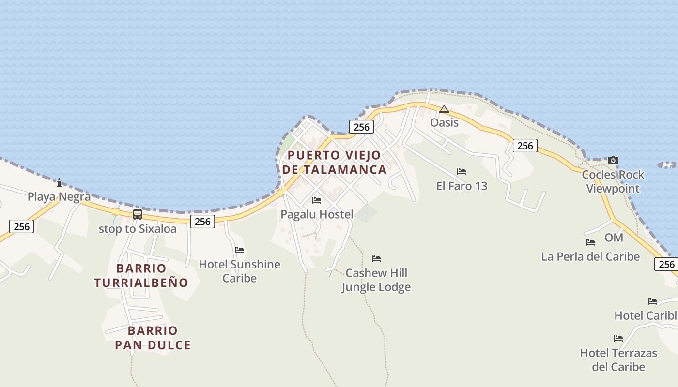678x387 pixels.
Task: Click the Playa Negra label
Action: pyautogui.click(x=59, y=197)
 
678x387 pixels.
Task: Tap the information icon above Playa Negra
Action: pyautogui.click(x=59, y=182)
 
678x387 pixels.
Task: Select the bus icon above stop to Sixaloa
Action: pyautogui.click(x=138, y=214)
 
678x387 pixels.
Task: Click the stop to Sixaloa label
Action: pyautogui.click(x=138, y=228)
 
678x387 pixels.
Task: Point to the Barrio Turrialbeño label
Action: pyautogui.click(x=141, y=275)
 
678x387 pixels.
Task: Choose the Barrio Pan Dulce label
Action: pyautogui.click(x=153, y=338)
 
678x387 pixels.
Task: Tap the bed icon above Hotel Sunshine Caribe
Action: pyautogui.click(x=239, y=250)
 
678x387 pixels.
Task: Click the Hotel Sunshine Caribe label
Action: pyautogui.click(x=240, y=271)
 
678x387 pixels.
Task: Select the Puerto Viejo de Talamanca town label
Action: pyautogui.click(x=334, y=163)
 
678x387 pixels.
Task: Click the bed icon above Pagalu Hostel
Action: pyautogui.click(x=317, y=200)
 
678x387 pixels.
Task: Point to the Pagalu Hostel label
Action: pyautogui.click(x=317, y=214)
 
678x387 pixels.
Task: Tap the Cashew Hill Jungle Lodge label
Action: pyautogui.click(x=376, y=280)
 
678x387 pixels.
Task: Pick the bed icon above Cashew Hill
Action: pyautogui.click(x=376, y=259)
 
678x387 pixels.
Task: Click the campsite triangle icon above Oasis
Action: pyautogui.click(x=444, y=109)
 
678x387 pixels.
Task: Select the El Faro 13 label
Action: pyautogui.click(x=462, y=186)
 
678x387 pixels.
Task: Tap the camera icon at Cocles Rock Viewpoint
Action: pyautogui.click(x=613, y=160)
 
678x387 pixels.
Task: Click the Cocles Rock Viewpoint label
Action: pyautogui.click(x=613, y=181)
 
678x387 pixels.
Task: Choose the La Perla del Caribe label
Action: pyautogui.click(x=590, y=256)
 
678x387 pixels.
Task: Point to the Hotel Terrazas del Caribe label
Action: pyautogui.click(x=618, y=359)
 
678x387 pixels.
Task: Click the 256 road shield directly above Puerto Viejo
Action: pyautogui.click(x=361, y=127)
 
